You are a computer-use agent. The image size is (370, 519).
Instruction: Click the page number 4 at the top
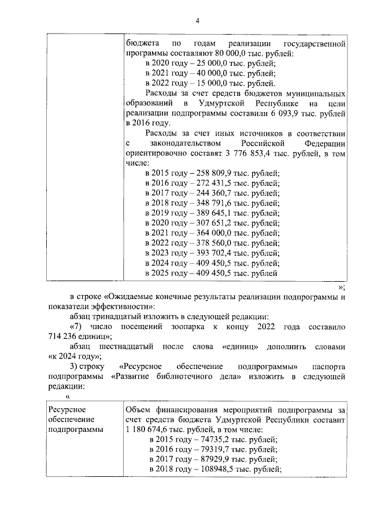point(197,21)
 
